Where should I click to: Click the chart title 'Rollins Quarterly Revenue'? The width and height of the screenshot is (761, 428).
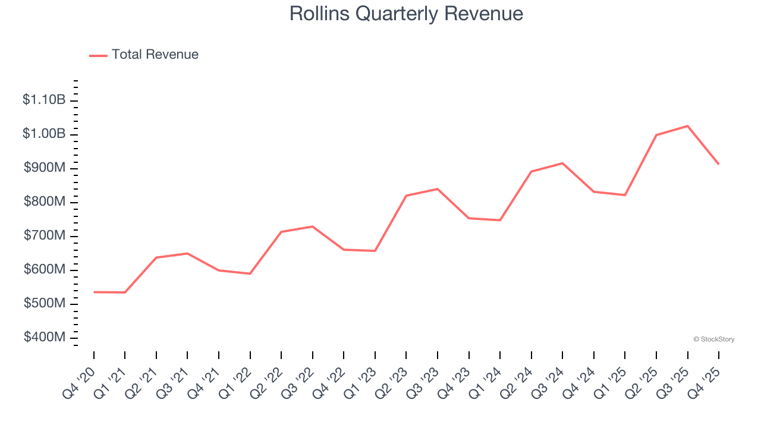[406, 14]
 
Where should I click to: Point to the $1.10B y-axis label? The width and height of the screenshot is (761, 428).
[44, 100]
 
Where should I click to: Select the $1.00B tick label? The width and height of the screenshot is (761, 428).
[44, 134]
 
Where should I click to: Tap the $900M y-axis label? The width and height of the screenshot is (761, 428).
[44, 168]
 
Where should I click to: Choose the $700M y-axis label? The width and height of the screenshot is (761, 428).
[44, 236]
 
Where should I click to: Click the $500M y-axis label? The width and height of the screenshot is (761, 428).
[44, 304]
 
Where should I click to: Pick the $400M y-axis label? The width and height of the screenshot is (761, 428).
[44, 338]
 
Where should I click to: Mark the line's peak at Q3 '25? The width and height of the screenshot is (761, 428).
[688, 126]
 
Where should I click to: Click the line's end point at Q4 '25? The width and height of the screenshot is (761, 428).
[719, 164]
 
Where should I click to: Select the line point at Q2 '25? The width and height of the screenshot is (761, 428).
[656, 135]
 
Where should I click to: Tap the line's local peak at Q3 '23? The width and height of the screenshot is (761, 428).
[438, 189]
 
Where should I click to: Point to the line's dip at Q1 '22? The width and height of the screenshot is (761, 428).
[250, 273]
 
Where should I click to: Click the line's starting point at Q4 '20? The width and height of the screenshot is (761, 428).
[94, 292]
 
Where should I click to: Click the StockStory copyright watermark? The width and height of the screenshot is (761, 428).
[713, 339]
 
